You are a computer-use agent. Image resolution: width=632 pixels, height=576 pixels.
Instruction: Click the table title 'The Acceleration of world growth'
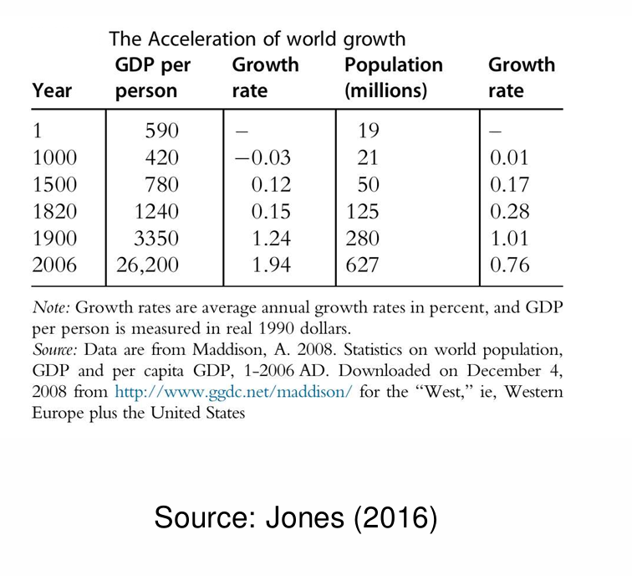pos(257,39)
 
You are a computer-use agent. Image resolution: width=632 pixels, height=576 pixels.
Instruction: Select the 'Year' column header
pos(53,90)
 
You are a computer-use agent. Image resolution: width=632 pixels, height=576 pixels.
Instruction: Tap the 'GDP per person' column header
pos(152,77)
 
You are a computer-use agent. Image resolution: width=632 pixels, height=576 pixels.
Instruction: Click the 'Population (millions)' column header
pos(393,77)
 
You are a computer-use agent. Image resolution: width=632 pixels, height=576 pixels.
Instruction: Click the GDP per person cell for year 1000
pos(161,157)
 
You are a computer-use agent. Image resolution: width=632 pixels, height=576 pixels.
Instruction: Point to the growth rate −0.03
pos(262,157)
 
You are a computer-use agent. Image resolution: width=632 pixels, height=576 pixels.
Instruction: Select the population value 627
pos(362,266)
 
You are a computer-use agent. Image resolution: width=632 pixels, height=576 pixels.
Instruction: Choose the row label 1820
pos(54,212)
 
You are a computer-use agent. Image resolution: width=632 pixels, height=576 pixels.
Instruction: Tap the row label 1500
pos(54,184)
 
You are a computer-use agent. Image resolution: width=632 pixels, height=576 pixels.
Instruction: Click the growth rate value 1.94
pos(271,266)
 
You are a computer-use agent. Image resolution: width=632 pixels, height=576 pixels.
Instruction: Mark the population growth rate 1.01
pos(509,239)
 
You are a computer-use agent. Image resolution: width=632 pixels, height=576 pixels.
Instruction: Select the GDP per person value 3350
pos(157,239)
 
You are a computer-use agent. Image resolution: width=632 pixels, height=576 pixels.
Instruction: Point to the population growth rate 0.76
pos(509,266)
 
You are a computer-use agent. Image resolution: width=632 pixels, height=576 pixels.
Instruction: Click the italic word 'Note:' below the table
pos(52,306)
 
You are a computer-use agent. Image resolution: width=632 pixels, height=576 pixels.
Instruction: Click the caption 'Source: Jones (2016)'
pos(295,518)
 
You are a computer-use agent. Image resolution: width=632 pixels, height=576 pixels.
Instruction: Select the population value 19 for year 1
pos(368,131)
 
